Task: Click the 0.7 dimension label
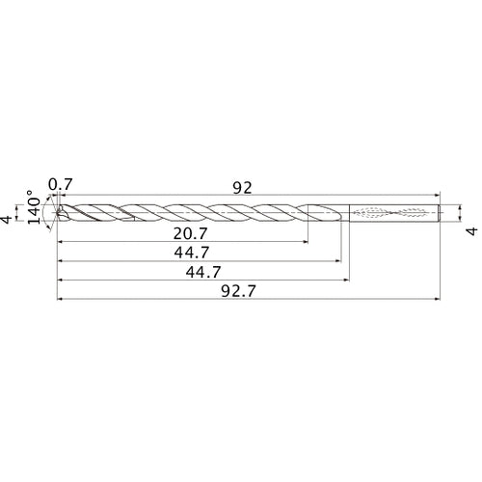[x=60, y=184]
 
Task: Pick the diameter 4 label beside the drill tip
[x=9, y=220]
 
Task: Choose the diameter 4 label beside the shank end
[x=471, y=229]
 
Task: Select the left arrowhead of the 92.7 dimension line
[x=62, y=298]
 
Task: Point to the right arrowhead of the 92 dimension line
[x=439, y=197]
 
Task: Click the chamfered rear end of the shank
[x=440, y=212]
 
